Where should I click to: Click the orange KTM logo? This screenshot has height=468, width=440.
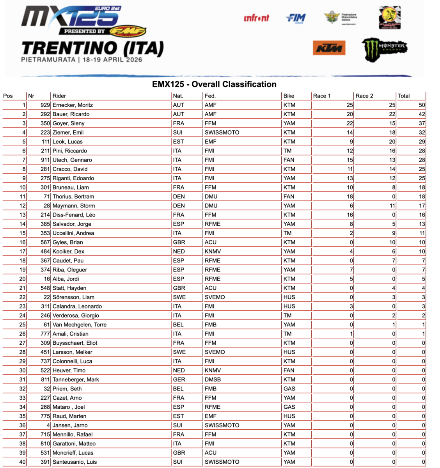329,48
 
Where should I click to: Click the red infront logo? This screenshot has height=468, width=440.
256,18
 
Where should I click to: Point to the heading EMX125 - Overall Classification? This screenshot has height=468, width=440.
214,84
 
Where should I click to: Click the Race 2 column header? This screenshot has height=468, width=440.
364,96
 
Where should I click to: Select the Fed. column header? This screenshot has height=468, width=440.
210,96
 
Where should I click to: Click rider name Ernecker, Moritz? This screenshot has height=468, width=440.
73,105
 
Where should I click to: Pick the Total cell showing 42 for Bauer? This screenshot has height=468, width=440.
422,114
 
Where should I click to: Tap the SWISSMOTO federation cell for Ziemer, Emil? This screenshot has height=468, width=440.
222,133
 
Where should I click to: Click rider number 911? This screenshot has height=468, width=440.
45,160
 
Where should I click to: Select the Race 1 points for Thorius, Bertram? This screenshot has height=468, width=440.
350,197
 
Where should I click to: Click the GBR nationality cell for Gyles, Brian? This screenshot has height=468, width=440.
179,242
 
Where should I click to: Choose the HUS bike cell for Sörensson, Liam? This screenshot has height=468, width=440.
289,297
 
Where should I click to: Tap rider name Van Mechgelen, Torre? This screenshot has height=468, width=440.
80,324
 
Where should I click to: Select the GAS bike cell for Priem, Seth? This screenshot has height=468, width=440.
289,389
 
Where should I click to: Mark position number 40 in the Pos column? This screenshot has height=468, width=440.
22,462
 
